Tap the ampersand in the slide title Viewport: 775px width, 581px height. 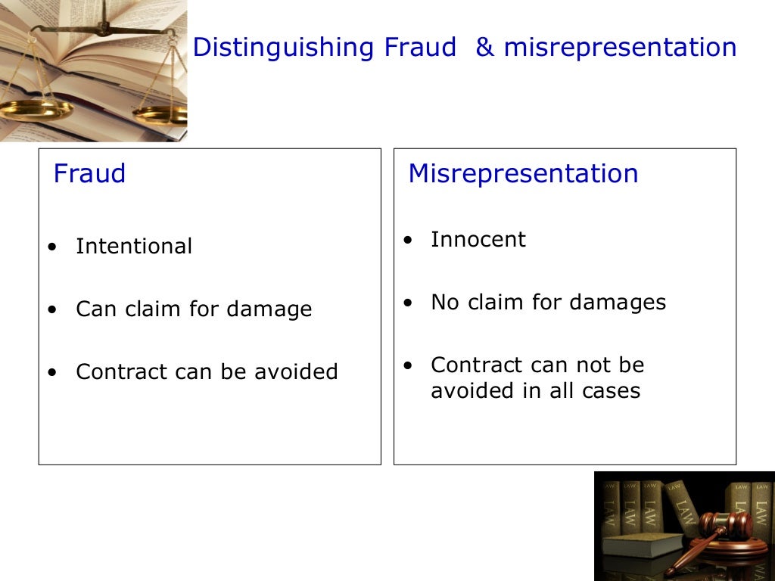coord(484,48)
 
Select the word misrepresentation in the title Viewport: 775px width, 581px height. coord(620,48)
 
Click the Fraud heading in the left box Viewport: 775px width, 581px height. coord(89,174)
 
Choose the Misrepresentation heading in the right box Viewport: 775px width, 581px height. coord(523,174)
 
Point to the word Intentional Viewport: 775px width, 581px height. coord(134,247)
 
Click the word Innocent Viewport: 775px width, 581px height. coord(478,240)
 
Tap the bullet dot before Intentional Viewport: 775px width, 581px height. coord(51,247)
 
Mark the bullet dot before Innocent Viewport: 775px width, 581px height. coord(408,241)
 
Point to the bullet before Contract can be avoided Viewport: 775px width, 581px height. coord(51,373)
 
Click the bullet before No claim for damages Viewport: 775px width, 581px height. coord(408,303)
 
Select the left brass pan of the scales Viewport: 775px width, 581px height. coord(34,110)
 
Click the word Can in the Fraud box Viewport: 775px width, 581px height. coord(92,309)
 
